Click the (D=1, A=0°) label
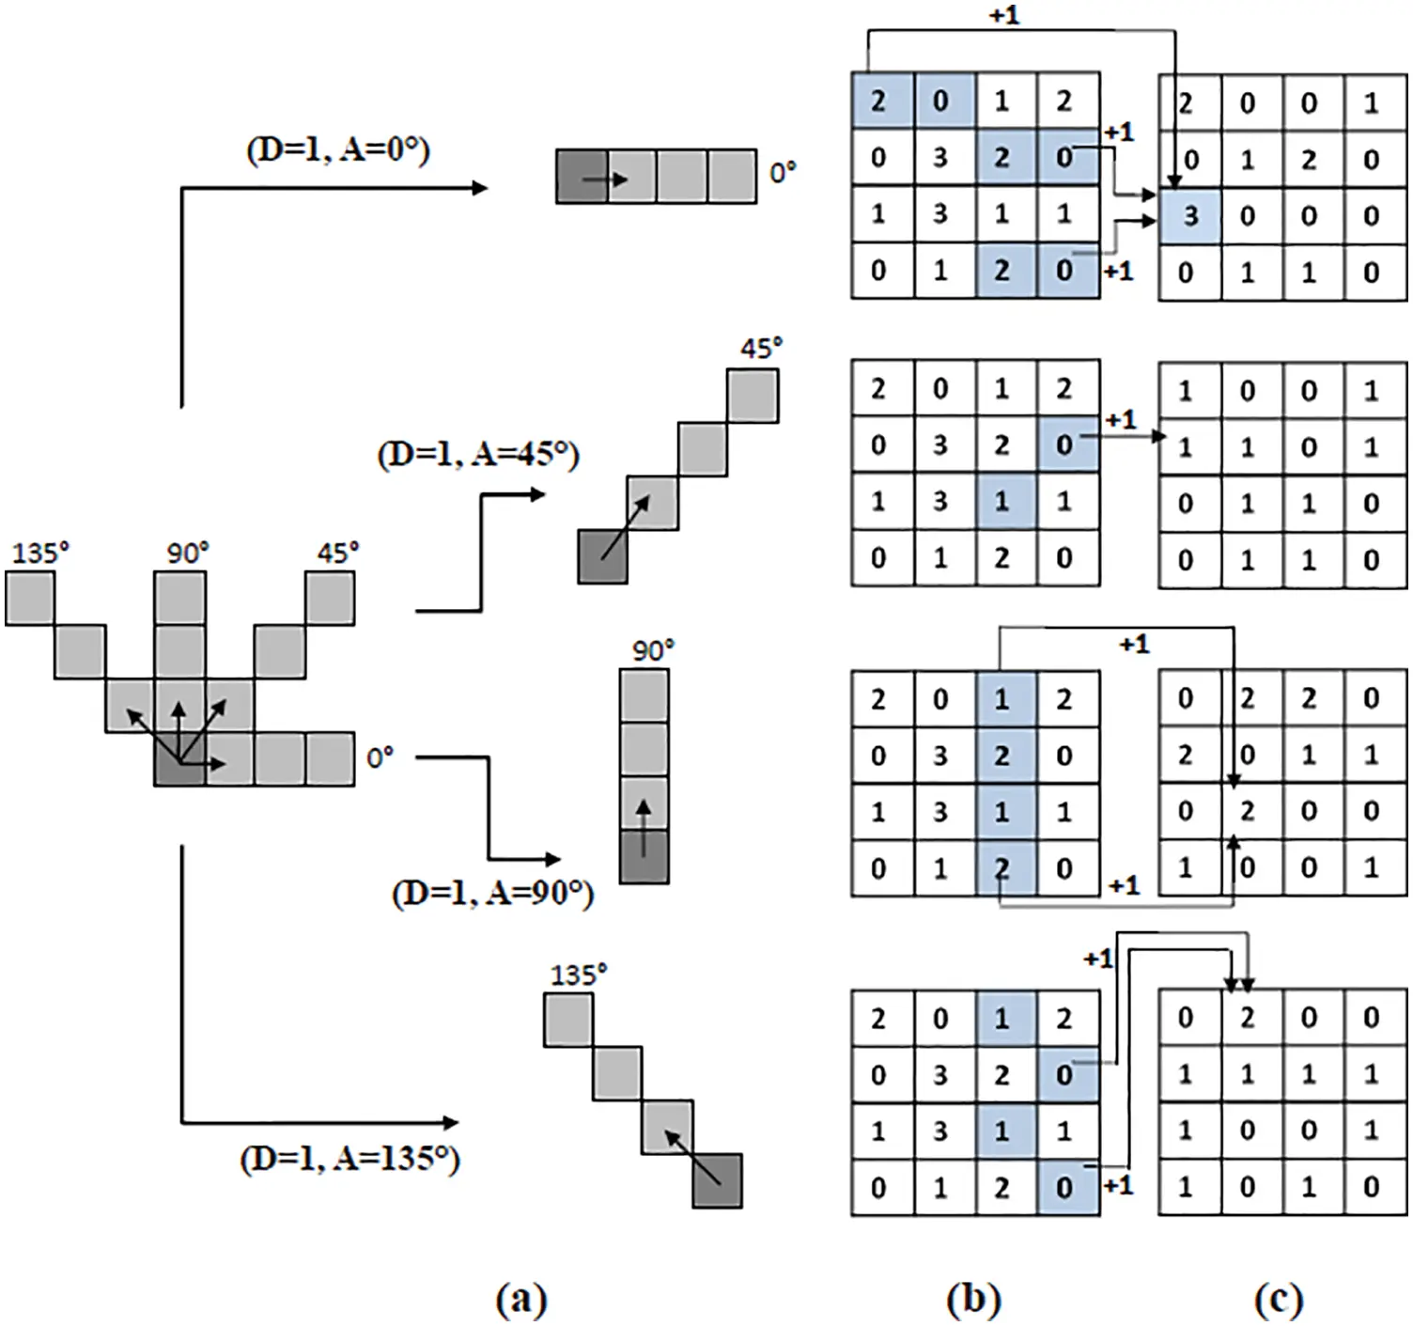(338, 149)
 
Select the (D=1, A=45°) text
(478, 455)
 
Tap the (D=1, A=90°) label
(492, 892)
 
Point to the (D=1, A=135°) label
(349, 1158)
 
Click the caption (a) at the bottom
(520, 1299)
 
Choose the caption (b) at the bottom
(973, 1299)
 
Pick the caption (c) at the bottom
(1279, 1299)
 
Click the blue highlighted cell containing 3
(1189, 216)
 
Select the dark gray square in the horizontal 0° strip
(582, 176)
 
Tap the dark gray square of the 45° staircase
(602, 556)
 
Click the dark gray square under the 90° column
(644, 856)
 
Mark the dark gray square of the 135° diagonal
(718, 1180)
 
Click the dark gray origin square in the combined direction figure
(179, 759)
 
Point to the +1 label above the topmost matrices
(1003, 16)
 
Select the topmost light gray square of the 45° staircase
(753, 395)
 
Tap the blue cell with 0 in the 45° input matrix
(1066, 445)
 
